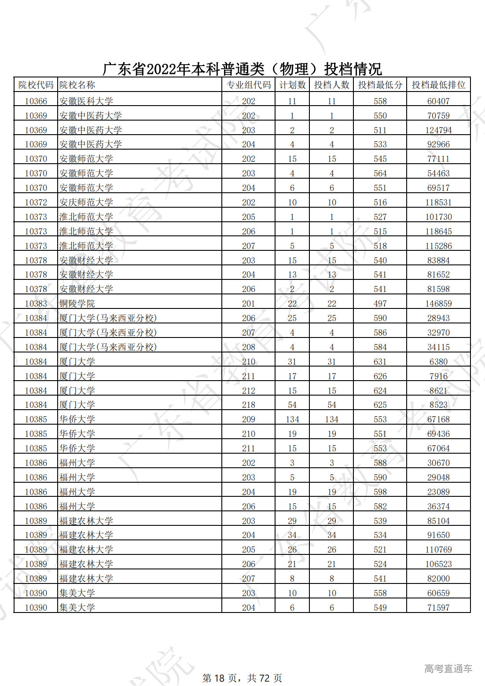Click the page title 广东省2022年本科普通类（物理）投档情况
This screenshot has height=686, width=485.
click(x=242, y=69)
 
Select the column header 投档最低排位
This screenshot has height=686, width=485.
click(x=438, y=85)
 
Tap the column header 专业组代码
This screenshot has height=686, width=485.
click(x=249, y=85)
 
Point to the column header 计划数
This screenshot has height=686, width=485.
click(x=292, y=85)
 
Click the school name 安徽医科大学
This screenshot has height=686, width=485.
click(x=86, y=101)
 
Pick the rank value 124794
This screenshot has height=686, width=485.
click(x=438, y=130)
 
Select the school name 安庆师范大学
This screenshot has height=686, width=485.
click(x=86, y=202)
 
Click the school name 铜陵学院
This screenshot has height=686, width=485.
click(x=77, y=304)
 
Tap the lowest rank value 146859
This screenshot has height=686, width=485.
click(x=438, y=304)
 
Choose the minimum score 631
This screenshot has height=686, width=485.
click(x=380, y=362)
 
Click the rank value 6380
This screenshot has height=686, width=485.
click(x=438, y=362)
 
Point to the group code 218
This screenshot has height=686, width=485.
click(x=249, y=405)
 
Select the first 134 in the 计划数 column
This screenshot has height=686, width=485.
click(x=292, y=419)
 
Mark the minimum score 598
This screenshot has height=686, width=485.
click(x=380, y=492)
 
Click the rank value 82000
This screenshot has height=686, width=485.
click(x=438, y=579)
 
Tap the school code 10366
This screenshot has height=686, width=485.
click(x=36, y=101)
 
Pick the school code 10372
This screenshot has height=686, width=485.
click(x=36, y=202)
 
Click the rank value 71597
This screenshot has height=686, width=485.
click(x=438, y=608)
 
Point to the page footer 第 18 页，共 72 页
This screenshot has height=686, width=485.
click(x=242, y=678)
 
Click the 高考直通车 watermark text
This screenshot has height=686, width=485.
click(x=448, y=669)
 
